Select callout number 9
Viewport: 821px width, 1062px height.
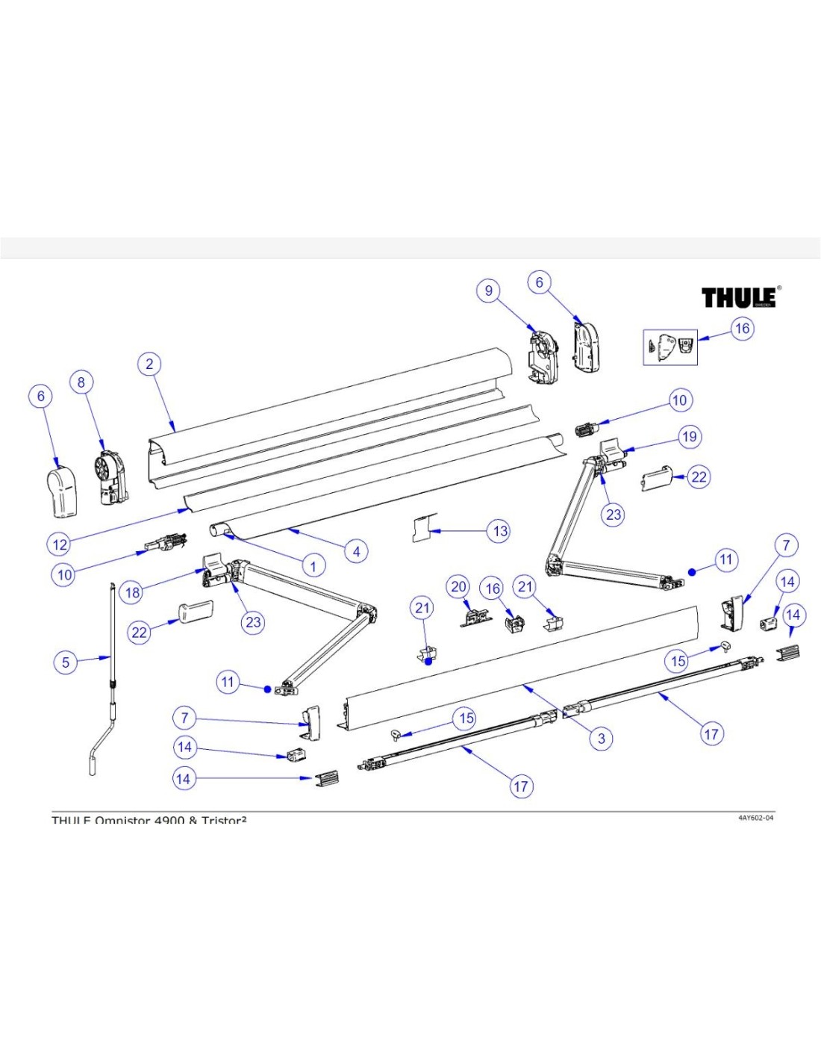click(489, 291)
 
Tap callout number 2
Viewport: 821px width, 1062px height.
click(149, 364)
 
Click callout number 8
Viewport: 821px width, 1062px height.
click(81, 382)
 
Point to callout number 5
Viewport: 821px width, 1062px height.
click(66, 662)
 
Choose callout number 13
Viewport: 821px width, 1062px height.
click(500, 531)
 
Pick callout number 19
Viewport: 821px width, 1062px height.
click(689, 437)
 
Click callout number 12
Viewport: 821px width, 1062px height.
click(60, 544)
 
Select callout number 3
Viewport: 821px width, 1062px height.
click(602, 739)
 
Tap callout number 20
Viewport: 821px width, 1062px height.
click(459, 587)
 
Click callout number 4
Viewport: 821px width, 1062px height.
click(357, 551)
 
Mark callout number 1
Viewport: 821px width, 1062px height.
click(313, 566)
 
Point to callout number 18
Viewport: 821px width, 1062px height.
click(133, 592)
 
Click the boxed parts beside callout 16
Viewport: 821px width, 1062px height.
click(670, 347)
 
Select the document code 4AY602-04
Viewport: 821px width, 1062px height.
click(755, 818)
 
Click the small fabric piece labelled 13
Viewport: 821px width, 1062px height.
click(423, 527)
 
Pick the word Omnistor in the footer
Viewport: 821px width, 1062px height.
click(123, 821)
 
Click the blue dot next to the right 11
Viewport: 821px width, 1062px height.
click(692, 572)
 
